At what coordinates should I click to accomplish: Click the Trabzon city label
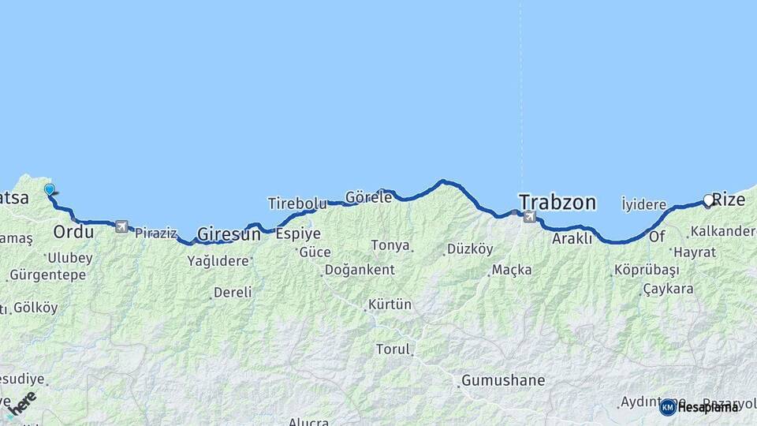click(557, 202)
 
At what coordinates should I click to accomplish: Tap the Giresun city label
click(229, 234)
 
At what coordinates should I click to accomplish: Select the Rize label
click(729, 200)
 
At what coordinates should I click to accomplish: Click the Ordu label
click(73, 232)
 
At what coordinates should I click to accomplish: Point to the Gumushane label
click(503, 380)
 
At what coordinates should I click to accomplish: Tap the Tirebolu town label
click(296, 204)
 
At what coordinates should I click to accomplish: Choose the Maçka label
click(512, 270)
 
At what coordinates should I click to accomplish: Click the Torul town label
click(393, 349)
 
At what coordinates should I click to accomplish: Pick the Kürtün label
click(390, 305)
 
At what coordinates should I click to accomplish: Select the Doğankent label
click(360, 270)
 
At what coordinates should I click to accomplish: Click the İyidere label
click(643, 204)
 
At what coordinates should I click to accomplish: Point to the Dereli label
click(233, 292)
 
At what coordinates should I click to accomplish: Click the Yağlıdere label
click(218, 262)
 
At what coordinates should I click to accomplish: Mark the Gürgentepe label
click(47, 275)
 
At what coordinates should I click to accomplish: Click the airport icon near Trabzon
click(528, 216)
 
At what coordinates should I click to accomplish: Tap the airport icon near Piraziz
click(121, 226)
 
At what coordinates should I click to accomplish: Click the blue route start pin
click(50, 189)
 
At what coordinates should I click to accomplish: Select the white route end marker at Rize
click(708, 200)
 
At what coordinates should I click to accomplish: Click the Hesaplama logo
click(700, 407)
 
